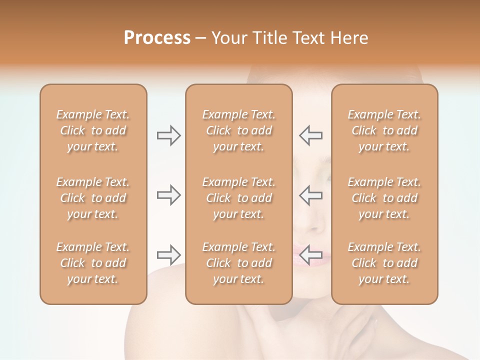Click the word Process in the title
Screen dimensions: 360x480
157,38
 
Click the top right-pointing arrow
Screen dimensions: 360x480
169,135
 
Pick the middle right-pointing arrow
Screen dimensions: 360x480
169,195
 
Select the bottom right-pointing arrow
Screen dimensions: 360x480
169,255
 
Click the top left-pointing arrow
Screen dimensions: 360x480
311,135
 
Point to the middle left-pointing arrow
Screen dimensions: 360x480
311,195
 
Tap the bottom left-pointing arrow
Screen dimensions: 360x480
311,255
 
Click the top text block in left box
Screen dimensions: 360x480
93,130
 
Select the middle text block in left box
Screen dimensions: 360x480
93,198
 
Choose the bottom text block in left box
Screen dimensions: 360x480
93,263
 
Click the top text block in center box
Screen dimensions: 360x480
238,130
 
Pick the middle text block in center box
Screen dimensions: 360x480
238,198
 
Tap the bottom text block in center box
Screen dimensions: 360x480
238,263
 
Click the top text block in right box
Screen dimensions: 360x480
384,130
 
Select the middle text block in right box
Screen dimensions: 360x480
384,198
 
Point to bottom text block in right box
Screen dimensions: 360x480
384,263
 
